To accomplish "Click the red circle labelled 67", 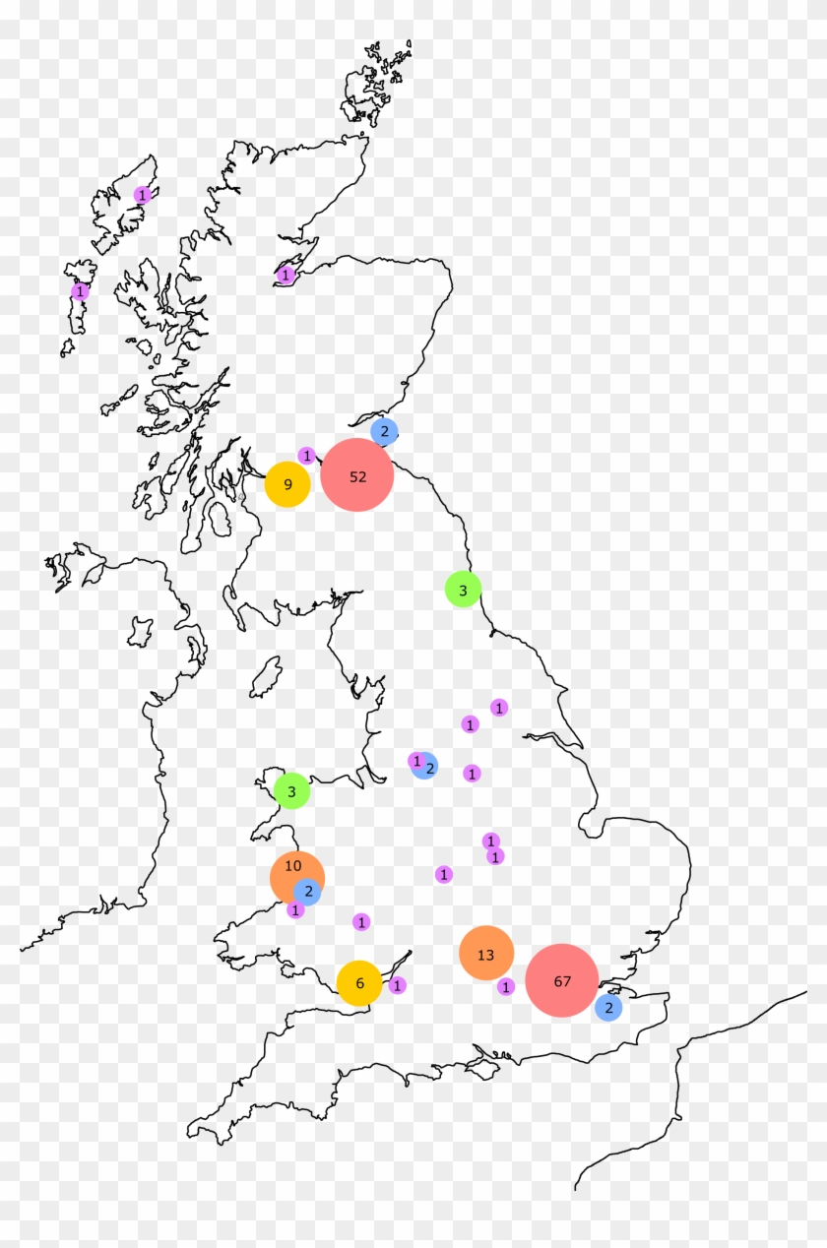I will point(562,980).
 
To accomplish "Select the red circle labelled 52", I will point(357,476).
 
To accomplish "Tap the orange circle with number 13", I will point(486,954).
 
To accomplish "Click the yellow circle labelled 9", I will point(287,484).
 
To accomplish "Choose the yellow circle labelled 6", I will point(359,982).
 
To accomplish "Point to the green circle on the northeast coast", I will point(463,590).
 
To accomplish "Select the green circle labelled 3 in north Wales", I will point(291,791).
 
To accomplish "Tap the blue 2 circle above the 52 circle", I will point(384,431).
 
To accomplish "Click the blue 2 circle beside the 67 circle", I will point(608,1007).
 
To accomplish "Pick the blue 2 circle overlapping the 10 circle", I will point(308,892).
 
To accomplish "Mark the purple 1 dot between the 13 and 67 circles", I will point(506,986).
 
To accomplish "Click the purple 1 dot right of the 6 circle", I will point(397,984).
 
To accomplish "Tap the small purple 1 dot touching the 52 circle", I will point(307,456).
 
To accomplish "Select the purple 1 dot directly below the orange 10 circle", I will point(295,910).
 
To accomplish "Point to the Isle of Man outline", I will point(265,678).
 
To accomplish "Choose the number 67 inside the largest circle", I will point(562,981).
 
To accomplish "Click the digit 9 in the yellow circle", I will point(287,484).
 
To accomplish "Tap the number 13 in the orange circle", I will point(485,955).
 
